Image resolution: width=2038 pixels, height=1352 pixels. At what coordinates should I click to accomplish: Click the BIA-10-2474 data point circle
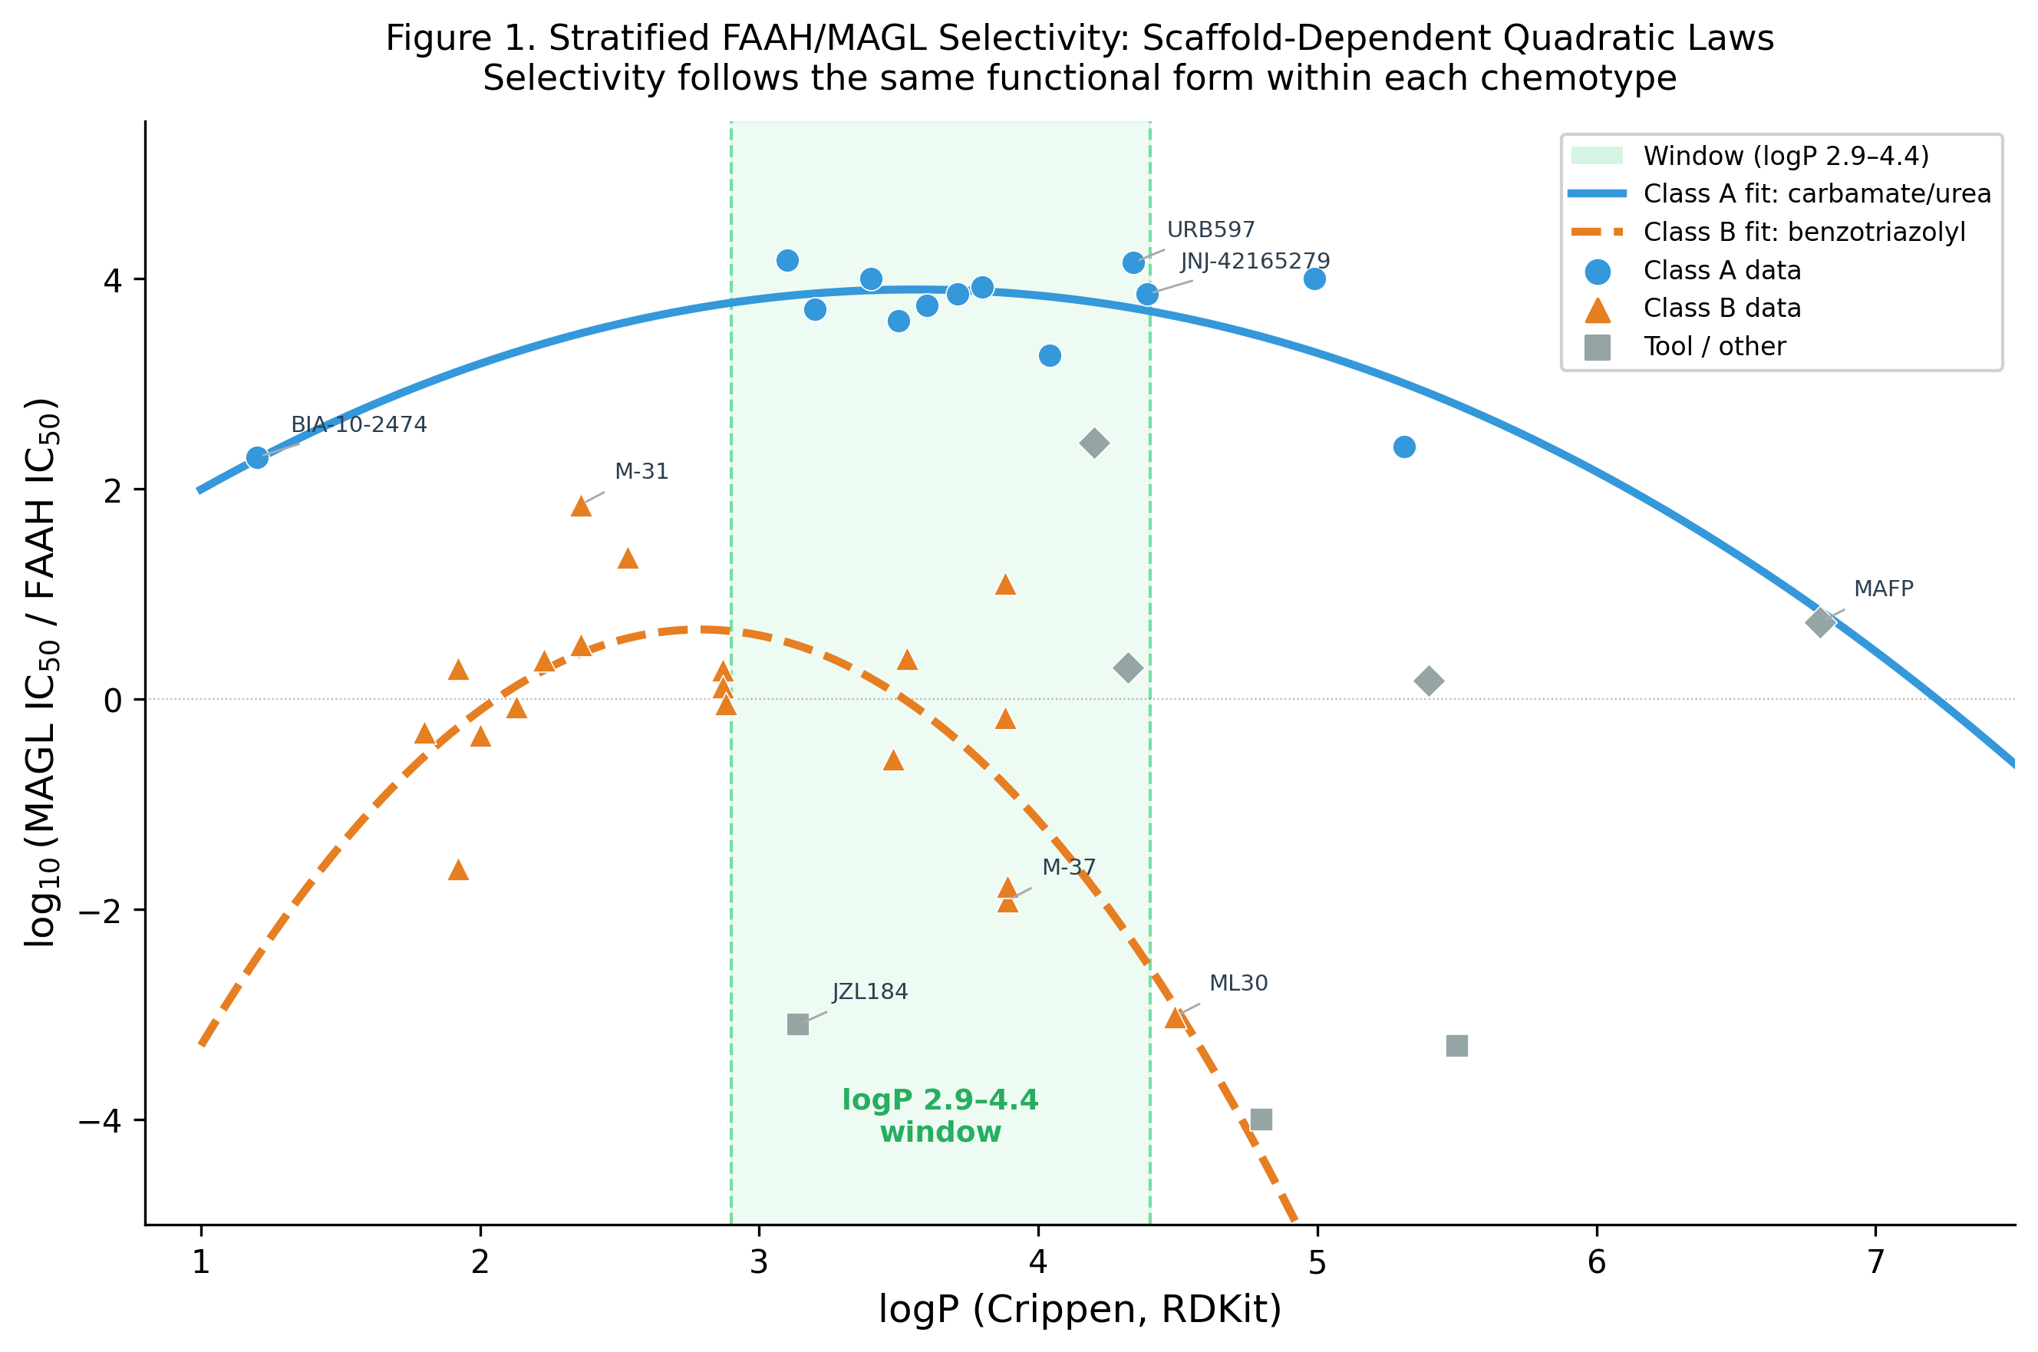pos(257,458)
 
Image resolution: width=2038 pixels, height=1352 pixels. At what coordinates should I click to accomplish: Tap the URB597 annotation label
pos(1210,230)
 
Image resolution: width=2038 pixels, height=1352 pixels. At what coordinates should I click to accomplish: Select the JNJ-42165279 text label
pos(1255,261)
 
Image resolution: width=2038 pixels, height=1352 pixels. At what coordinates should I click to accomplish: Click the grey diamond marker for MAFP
pos(1820,622)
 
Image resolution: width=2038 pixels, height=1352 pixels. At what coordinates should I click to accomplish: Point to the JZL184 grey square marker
pos(797,1024)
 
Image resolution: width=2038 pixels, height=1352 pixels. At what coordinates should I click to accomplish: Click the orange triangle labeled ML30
pos(1175,1018)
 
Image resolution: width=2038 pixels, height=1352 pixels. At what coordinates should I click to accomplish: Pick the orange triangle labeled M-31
pos(581,506)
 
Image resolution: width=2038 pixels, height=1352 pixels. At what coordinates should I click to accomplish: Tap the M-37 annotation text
pos(1068,867)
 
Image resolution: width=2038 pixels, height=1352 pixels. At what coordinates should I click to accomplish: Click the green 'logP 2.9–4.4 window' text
pos(940,1116)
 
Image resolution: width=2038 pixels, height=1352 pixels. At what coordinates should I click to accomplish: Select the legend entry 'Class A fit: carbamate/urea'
pos(1816,194)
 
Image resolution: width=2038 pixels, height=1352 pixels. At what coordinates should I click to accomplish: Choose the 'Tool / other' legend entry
pos(1714,347)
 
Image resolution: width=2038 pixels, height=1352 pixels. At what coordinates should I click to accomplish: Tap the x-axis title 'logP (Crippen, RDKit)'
pos(1080,1309)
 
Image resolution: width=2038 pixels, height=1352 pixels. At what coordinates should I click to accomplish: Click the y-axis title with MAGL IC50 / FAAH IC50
pos(41,673)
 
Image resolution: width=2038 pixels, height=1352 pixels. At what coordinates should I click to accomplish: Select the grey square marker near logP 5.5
pos(1456,1046)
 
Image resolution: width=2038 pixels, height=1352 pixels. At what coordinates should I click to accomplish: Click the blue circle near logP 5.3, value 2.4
pos(1403,447)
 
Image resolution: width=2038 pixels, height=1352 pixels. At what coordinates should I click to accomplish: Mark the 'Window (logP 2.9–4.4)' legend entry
pos(1786,156)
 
